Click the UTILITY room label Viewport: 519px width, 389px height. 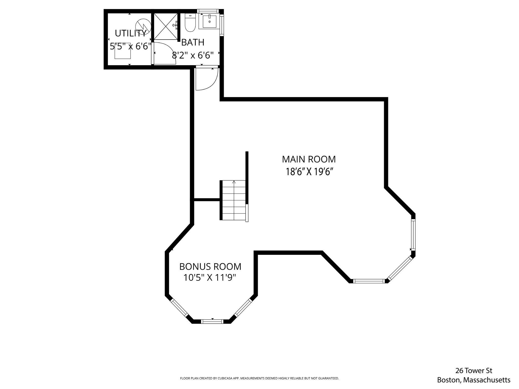[130, 33]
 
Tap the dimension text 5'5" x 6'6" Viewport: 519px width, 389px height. [130, 46]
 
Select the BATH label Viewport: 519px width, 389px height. [193, 42]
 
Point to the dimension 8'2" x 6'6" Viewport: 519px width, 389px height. [193, 55]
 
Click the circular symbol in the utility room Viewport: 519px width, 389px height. [143, 26]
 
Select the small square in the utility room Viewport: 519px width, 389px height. [123, 51]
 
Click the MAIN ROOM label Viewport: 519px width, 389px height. [309, 159]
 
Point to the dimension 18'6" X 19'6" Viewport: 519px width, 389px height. [309, 172]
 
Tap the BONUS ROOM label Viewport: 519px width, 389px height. [210, 267]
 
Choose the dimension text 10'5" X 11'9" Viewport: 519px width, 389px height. [210, 278]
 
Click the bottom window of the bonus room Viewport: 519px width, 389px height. [212, 322]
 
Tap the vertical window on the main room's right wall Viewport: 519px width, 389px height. [413, 235]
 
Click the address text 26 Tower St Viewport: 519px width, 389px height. [474, 371]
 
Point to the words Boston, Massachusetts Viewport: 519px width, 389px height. [474, 380]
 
